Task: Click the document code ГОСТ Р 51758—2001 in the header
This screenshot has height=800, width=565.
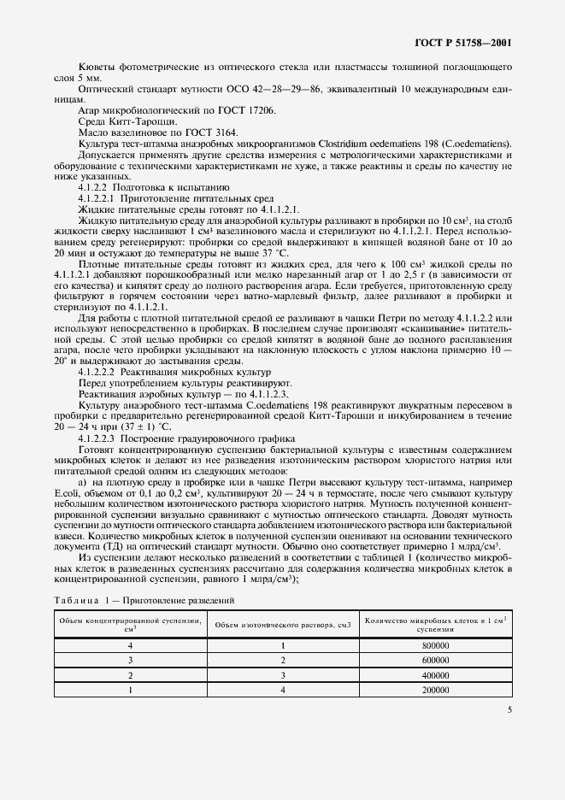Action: coord(463,42)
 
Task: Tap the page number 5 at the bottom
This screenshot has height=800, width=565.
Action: coord(509,709)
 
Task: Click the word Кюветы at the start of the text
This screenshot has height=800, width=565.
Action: coord(97,66)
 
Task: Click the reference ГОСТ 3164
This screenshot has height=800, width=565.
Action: coord(208,132)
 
